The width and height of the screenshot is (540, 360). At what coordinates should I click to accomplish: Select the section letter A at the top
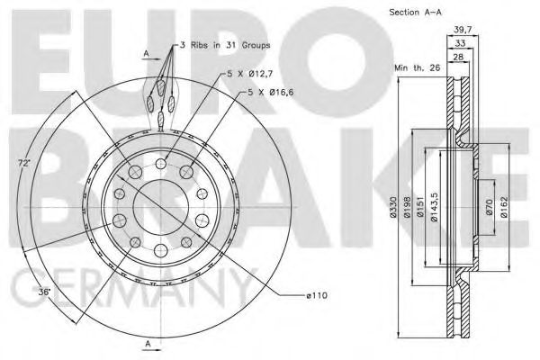(147, 54)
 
